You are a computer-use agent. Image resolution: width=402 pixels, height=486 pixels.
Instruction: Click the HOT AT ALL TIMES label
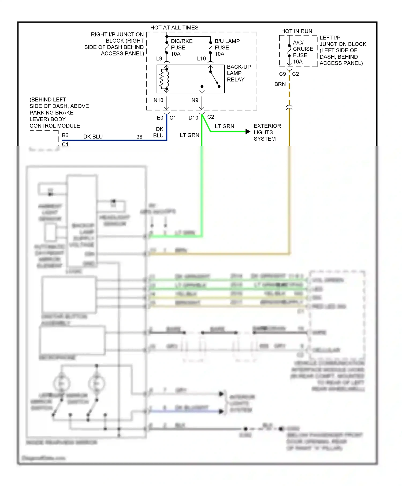click(174, 28)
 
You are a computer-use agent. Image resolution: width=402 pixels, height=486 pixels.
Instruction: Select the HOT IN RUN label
click(296, 31)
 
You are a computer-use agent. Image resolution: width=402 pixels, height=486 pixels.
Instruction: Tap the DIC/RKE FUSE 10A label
click(181, 47)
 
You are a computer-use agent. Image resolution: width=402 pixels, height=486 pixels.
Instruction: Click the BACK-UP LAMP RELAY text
click(239, 73)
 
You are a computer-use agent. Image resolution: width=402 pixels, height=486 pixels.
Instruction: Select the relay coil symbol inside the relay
click(163, 79)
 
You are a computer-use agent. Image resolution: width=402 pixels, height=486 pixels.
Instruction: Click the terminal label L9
click(159, 58)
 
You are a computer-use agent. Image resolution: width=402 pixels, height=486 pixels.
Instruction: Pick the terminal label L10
click(201, 58)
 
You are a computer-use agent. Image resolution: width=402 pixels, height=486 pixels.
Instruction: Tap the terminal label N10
click(158, 100)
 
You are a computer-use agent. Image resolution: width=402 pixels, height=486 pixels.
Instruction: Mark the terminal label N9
click(195, 100)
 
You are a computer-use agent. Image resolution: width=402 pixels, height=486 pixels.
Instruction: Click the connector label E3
click(160, 118)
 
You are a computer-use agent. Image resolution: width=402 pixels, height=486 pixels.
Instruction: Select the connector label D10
click(193, 118)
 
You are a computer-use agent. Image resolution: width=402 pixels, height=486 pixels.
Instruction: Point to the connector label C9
click(282, 74)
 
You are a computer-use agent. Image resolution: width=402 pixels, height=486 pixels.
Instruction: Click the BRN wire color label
click(280, 84)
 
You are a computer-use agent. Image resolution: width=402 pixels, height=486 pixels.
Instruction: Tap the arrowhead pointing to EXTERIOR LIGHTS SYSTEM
click(248, 132)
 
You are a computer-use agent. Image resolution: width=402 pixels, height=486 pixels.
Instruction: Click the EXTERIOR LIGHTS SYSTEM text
click(267, 132)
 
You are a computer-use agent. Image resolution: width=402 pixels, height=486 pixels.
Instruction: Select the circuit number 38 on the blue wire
click(139, 137)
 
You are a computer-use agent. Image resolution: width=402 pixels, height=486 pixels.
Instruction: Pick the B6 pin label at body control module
click(65, 135)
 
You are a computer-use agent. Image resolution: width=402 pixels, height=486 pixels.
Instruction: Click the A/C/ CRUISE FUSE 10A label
click(303, 52)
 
